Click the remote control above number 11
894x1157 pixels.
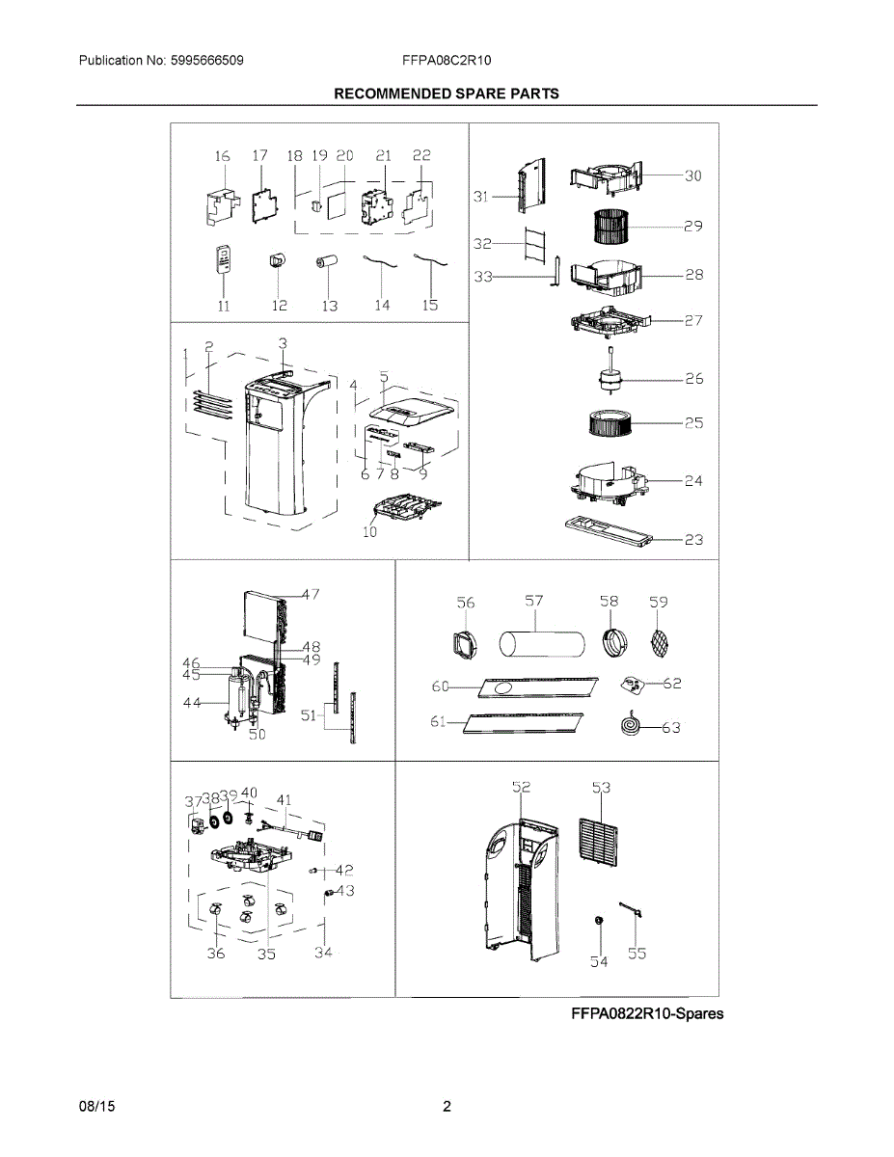tap(224, 260)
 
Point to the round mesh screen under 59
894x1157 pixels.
tap(658, 641)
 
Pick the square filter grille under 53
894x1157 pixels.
tap(600, 840)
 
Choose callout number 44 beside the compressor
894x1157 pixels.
tap(193, 704)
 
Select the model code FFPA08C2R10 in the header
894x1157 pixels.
tap(447, 60)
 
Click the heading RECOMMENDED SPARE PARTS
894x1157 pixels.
tap(447, 94)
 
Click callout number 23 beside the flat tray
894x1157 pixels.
tap(693, 541)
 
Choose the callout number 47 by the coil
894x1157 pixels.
tap(310, 595)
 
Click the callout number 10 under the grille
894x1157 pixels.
tap(370, 531)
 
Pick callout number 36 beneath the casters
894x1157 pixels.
tap(216, 954)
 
